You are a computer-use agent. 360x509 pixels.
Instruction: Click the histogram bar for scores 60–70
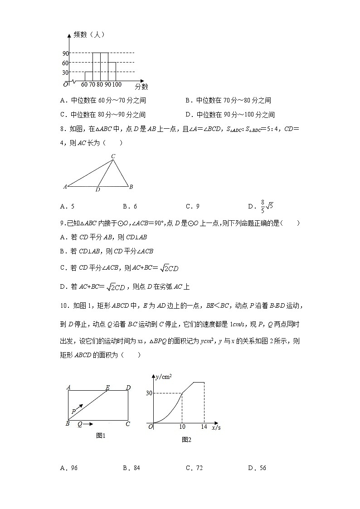click(x=89, y=77)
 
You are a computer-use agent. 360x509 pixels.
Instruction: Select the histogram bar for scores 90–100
click(x=112, y=72)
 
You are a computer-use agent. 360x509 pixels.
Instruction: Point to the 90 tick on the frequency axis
click(x=66, y=53)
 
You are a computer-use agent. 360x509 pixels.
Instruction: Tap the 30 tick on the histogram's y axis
click(x=66, y=72)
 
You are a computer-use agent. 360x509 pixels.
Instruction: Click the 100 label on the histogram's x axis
click(x=117, y=84)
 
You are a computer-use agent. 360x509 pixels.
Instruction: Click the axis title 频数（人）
click(x=89, y=35)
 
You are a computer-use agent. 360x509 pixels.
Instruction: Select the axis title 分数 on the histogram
click(x=141, y=86)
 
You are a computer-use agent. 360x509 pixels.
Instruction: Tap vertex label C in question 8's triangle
click(x=113, y=157)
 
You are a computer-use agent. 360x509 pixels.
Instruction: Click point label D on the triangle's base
click(x=97, y=189)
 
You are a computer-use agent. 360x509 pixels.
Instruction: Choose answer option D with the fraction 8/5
click(x=260, y=206)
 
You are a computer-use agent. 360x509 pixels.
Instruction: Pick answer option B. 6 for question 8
click(x=130, y=207)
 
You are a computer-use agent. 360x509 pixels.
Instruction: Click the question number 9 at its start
click(x=62, y=223)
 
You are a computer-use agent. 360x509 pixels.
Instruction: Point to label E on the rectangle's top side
click(x=107, y=388)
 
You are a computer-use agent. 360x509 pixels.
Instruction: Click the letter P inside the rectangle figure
click(x=73, y=412)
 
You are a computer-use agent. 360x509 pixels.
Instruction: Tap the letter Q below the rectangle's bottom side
click(x=80, y=424)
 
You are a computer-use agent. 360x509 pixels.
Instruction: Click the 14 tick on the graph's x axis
click(x=204, y=427)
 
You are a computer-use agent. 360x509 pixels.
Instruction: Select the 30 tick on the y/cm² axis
click(x=149, y=393)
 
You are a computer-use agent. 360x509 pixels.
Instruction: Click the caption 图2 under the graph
click(x=186, y=439)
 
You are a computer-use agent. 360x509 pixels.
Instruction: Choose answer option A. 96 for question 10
click(x=69, y=468)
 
